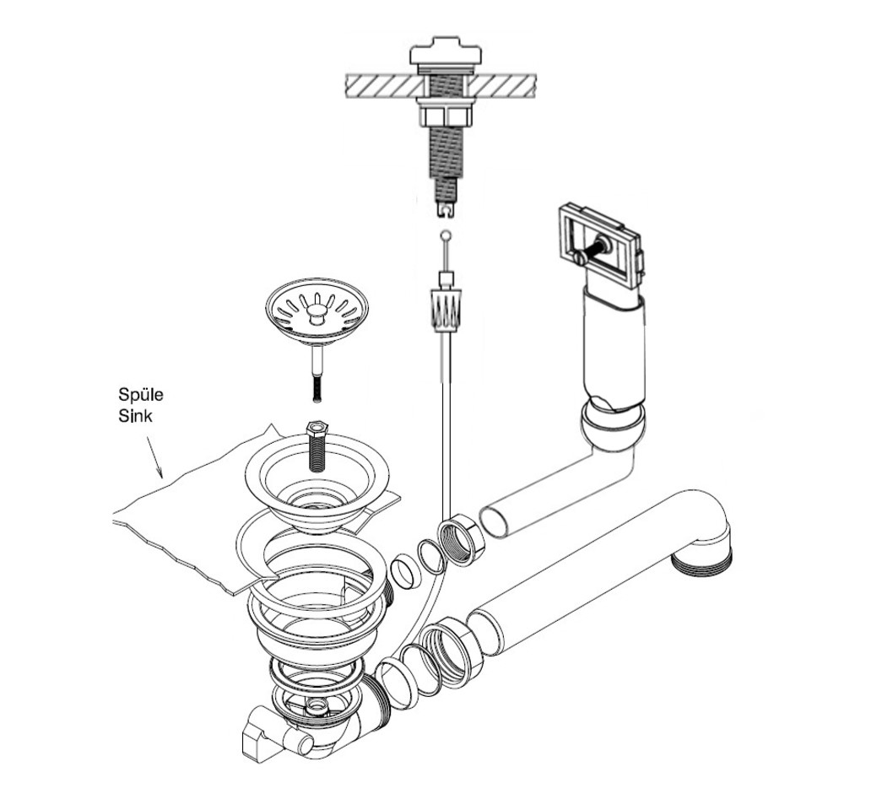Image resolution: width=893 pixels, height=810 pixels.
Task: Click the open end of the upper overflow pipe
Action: (495, 520)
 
